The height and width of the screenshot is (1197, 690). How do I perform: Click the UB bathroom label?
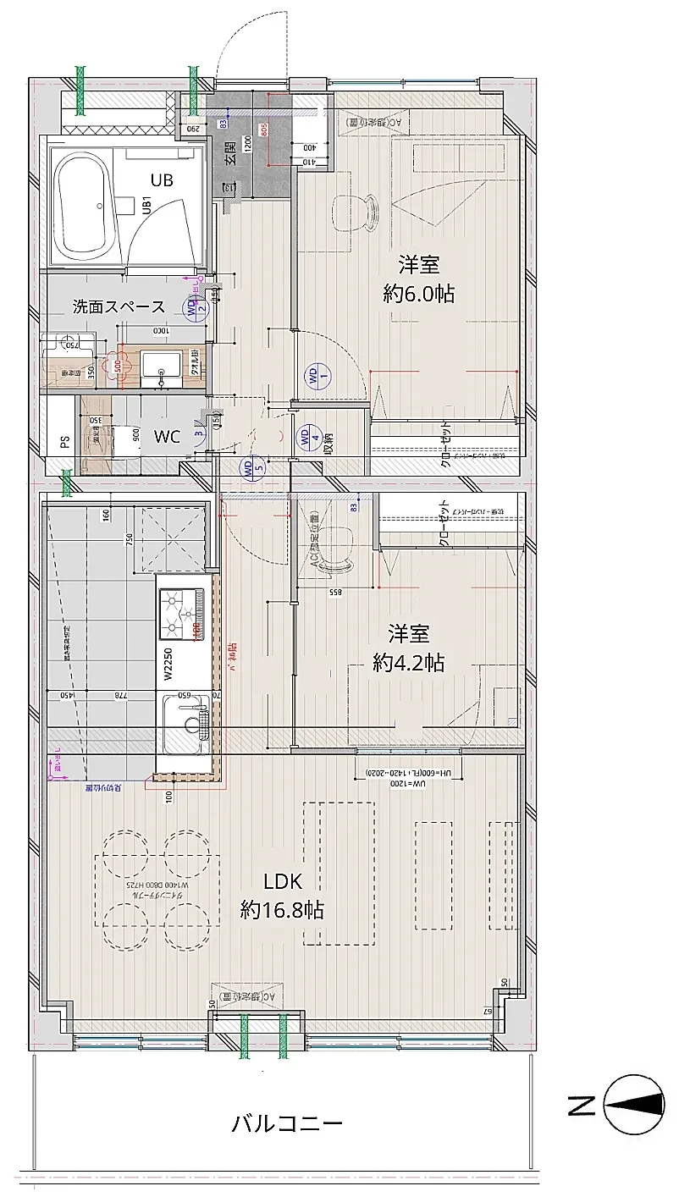pos(163,179)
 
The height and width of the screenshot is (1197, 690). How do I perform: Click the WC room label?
pos(167,437)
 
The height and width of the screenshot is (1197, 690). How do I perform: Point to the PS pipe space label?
pos(63,441)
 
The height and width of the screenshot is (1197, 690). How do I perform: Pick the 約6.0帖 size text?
pos(418,294)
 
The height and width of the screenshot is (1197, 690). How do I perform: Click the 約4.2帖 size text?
pos(409,662)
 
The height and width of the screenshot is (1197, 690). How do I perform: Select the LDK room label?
pos(282,881)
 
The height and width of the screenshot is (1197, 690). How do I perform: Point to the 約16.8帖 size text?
pos(281,910)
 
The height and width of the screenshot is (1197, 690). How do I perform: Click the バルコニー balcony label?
pos(287,1124)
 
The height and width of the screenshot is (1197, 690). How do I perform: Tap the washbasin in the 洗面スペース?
pos(161,366)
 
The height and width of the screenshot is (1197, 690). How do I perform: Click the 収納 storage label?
pos(328,442)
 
